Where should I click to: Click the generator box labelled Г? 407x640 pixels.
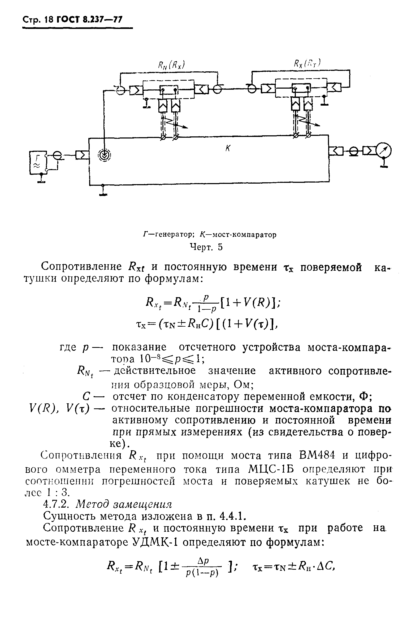point(37,163)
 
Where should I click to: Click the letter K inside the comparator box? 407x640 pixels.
point(228,149)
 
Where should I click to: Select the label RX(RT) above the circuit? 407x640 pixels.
point(307,63)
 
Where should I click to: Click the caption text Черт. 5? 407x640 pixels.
point(206,247)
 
